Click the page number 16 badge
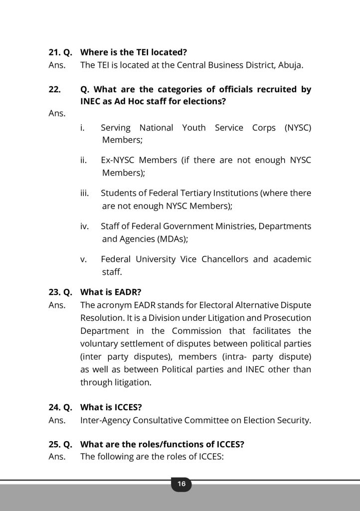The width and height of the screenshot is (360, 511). point(181,484)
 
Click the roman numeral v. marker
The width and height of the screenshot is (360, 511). point(84,259)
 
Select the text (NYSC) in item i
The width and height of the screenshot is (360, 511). point(298,128)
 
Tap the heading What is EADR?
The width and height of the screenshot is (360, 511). point(111,292)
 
